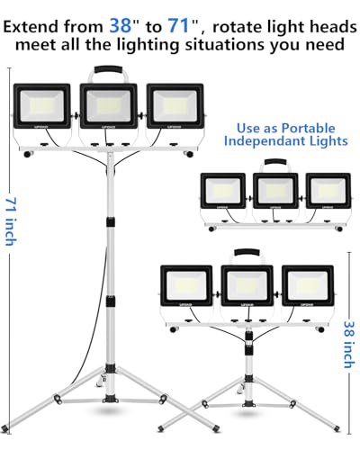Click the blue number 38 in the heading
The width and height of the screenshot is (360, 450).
click(121, 25)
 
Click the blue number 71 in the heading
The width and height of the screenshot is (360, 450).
click(178, 25)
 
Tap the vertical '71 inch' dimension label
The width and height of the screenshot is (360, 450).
click(12, 221)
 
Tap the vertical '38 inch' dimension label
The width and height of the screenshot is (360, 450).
click(349, 345)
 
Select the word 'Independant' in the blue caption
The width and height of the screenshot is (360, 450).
click(263, 141)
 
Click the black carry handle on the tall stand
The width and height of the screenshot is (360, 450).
click(108, 69)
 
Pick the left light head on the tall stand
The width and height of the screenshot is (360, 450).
click(42, 107)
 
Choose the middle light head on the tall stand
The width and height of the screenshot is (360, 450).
click(108, 106)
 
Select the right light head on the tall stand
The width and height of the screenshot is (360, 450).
click(175, 106)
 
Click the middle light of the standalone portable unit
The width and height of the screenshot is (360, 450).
click(275, 191)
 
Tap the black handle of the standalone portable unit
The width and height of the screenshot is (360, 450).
click(275, 162)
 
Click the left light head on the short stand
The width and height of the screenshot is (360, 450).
click(186, 285)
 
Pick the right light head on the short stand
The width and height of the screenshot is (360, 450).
click(308, 285)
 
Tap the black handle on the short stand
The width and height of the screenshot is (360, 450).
click(247, 252)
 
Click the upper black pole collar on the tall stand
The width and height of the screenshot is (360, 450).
click(111, 222)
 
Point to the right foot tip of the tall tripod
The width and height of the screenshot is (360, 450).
click(216, 428)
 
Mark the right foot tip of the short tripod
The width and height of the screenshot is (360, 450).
click(337, 427)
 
